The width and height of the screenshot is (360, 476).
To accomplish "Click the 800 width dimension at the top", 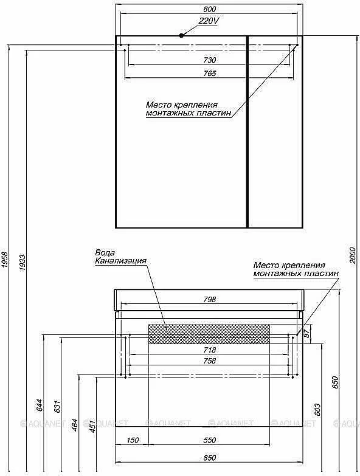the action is [209, 9].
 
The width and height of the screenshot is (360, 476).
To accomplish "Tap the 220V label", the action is [209, 21].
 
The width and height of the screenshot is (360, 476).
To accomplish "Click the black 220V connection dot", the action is [181, 35].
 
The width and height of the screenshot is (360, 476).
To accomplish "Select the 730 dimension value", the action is [209, 60].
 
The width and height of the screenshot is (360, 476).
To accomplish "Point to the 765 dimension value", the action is [209, 73].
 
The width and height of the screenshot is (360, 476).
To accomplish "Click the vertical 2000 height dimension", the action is [352, 255].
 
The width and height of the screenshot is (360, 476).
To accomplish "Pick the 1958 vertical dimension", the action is [5, 260].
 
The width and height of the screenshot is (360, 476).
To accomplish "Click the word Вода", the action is [105, 252].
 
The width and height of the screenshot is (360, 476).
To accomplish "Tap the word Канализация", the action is [121, 261].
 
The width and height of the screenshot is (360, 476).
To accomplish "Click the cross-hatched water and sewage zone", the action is [209, 334].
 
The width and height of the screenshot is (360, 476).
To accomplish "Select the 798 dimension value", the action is [209, 299].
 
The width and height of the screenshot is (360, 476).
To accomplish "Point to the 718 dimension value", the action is [209, 350].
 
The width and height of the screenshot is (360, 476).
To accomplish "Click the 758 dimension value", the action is [209, 360].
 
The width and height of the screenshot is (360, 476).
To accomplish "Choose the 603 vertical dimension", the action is [317, 410].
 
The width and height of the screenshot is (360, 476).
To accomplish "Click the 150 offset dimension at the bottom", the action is [133, 440].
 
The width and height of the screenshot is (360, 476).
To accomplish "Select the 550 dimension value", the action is [209, 440].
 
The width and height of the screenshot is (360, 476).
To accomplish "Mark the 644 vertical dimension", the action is [40, 405].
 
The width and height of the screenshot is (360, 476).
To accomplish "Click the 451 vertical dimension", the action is [92, 426].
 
